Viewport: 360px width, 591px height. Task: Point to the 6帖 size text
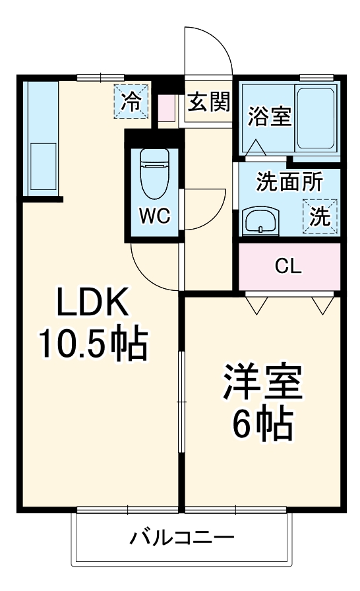pyautogui.click(x=262, y=424)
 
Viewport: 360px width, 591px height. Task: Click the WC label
pyautogui.click(x=155, y=215)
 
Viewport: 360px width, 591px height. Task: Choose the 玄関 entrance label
pyautogui.click(x=208, y=103)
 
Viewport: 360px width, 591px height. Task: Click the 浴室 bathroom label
pyautogui.click(x=269, y=116)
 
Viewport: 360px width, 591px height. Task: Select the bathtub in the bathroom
pyautogui.click(x=318, y=117)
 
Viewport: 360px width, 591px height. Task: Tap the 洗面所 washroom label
pyautogui.click(x=289, y=183)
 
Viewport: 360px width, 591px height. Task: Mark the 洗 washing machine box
pyautogui.click(x=320, y=217)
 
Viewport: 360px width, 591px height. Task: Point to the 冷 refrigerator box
pyautogui.click(x=132, y=101)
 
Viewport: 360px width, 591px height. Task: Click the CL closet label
pyautogui.click(x=288, y=266)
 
